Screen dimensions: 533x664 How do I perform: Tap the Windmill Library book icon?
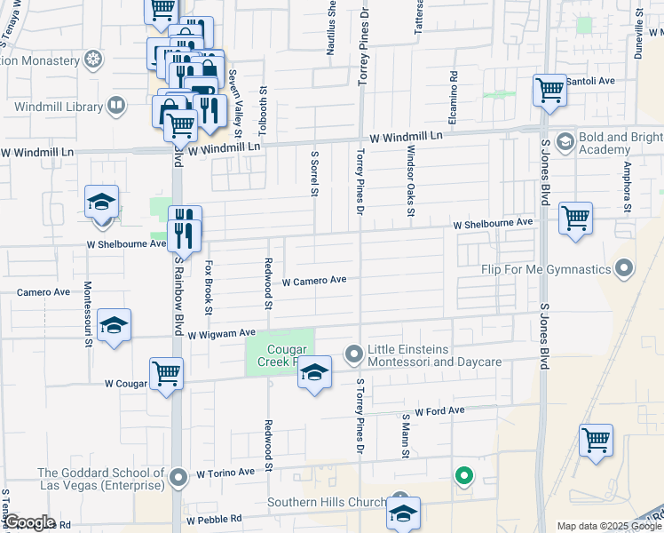click(x=115, y=107)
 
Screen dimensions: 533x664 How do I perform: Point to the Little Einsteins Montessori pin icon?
click(x=354, y=355)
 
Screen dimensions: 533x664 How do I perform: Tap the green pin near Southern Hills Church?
click(x=462, y=476)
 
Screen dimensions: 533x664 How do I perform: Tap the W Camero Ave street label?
click(x=314, y=281)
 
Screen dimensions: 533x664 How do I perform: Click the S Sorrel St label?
click(x=314, y=173)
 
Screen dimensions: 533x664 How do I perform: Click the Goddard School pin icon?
click(x=178, y=478)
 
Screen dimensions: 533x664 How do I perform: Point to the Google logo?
click(x=29, y=522)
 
